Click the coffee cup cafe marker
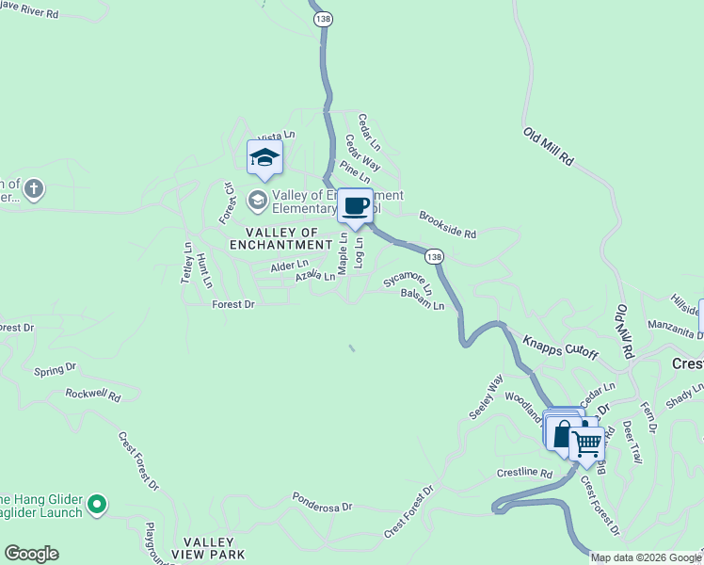click(355, 207)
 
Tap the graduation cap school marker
click(264, 157)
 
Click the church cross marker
click(34, 188)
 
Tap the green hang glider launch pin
click(96, 506)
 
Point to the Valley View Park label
click(213, 548)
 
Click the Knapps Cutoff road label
click(560, 344)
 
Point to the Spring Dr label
click(54, 370)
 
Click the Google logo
click(31, 554)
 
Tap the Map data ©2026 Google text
click(645, 557)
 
